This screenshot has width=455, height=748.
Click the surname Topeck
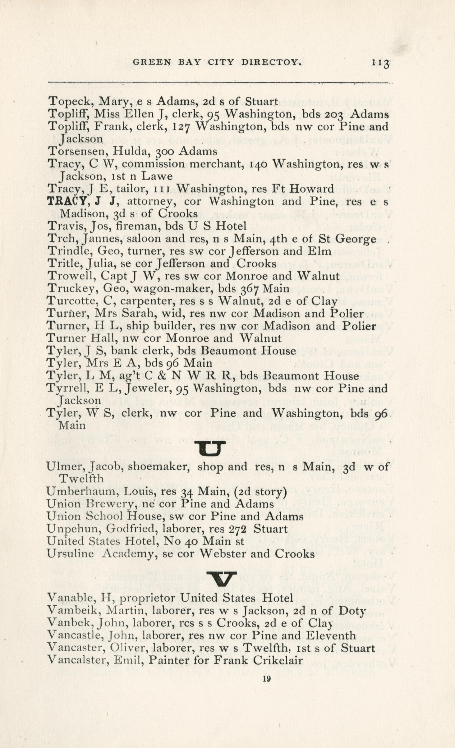[69, 102]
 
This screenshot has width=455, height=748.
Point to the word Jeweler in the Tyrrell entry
[150, 388]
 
